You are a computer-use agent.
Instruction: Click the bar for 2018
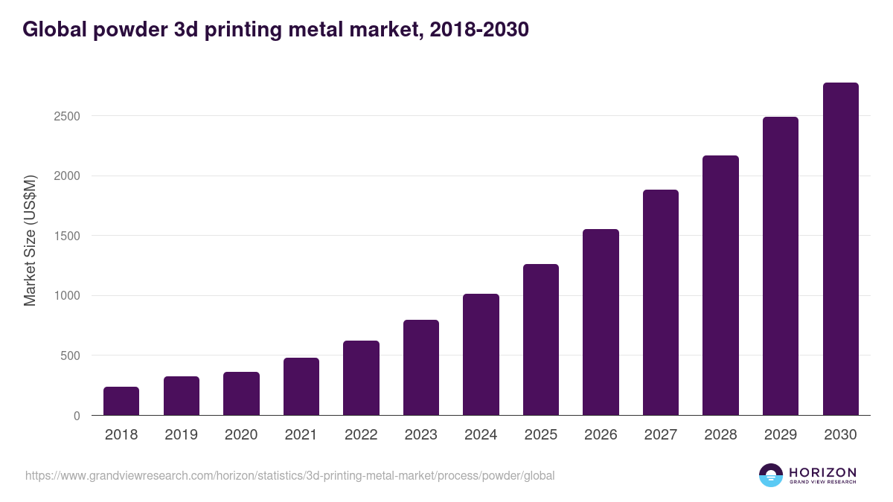(121, 401)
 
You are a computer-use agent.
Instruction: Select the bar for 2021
(301, 387)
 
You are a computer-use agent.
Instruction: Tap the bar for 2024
(481, 355)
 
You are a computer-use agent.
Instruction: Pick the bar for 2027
(661, 303)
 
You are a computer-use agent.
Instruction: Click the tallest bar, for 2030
(840, 249)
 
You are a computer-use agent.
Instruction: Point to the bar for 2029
(781, 266)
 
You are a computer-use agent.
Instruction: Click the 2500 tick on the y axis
(66, 116)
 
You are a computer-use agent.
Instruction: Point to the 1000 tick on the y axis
(66, 296)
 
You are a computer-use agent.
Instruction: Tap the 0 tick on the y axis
(77, 416)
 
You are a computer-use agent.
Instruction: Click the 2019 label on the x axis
(182, 435)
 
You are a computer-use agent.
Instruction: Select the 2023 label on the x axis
(421, 435)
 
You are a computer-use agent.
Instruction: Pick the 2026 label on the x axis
(601, 435)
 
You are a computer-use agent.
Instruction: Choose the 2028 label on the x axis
(720, 435)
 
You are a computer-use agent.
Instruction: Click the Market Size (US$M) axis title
(30, 241)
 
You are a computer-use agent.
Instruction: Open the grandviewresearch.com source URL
(289, 475)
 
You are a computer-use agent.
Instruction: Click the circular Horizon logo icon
(771, 475)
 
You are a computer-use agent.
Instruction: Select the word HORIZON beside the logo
(822, 472)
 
